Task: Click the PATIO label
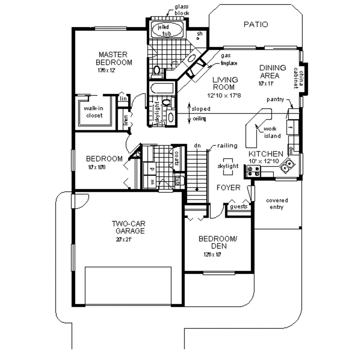pos(256,25)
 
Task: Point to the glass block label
pos(182,10)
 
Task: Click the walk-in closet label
pos(93,112)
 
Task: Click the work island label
pos(272,133)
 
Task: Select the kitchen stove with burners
pos(253,171)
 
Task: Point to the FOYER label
pos(228,188)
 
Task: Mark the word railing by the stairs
pos(227,146)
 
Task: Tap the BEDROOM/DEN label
pos(218,242)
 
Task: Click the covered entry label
pos(277,204)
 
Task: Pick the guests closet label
pos(239,207)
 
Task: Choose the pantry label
pos(275,99)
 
